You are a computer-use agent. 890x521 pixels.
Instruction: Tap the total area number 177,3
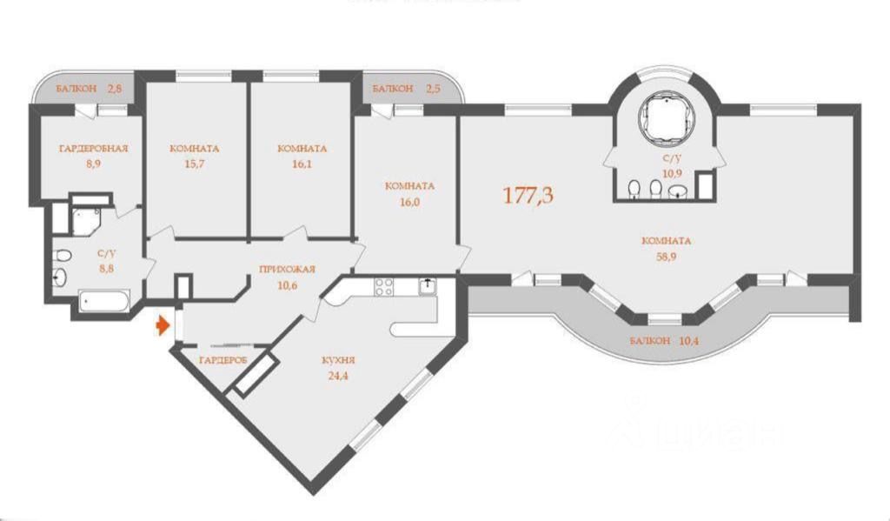(x=528, y=196)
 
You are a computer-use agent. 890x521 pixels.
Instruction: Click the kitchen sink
(x=428, y=285)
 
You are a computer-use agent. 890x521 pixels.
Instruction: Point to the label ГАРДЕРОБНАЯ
(x=93, y=148)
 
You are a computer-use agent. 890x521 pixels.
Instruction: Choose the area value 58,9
(x=666, y=257)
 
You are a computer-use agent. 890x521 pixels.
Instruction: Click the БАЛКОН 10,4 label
(x=665, y=341)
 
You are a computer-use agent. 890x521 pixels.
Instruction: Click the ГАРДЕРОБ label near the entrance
(x=223, y=359)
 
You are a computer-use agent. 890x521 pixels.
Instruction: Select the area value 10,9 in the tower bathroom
(x=671, y=173)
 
